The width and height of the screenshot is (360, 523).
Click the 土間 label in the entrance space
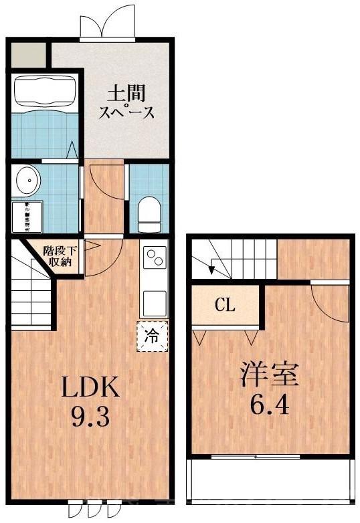pyautogui.click(x=127, y=92)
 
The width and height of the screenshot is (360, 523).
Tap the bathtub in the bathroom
pyautogui.click(x=45, y=90)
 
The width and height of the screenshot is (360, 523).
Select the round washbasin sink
pyautogui.click(x=27, y=179)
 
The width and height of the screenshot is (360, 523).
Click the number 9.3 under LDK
pyautogui.click(x=90, y=418)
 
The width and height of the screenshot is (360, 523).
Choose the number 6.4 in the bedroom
pyautogui.click(x=270, y=405)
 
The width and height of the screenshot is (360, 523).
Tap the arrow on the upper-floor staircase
pyautogui.click(x=212, y=270)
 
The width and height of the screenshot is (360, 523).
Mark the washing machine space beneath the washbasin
pyautogui.click(x=26, y=216)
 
